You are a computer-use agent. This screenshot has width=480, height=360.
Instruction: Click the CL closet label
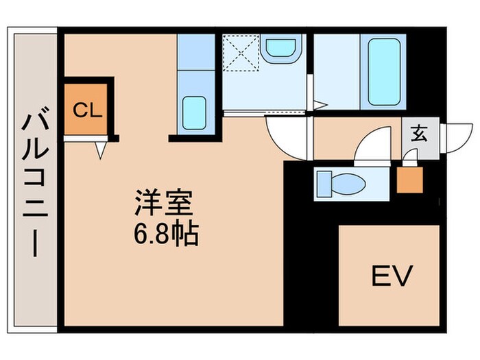88,110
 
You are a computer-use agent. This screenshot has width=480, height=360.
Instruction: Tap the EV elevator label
391,276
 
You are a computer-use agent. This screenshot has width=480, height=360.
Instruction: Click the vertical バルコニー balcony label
32,185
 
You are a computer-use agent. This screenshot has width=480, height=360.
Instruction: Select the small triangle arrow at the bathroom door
319,105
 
